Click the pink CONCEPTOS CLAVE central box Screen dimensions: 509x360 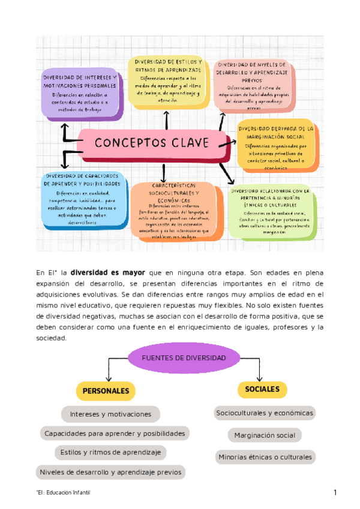[152, 143]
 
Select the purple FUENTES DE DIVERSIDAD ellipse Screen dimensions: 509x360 [183, 358]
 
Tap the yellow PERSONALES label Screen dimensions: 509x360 [106, 391]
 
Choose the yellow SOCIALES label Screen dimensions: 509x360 [262, 390]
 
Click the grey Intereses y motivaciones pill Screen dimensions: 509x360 [110, 414]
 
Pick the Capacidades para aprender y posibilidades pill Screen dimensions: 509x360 [115, 433]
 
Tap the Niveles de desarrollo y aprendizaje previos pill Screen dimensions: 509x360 [110, 472]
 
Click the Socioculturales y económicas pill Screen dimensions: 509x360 [265, 413]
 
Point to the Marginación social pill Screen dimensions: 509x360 [265, 435]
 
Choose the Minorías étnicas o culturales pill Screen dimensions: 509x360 [265, 457]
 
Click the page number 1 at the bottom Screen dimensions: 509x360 [335, 493]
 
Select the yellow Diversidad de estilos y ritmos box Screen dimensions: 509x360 [167, 82]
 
